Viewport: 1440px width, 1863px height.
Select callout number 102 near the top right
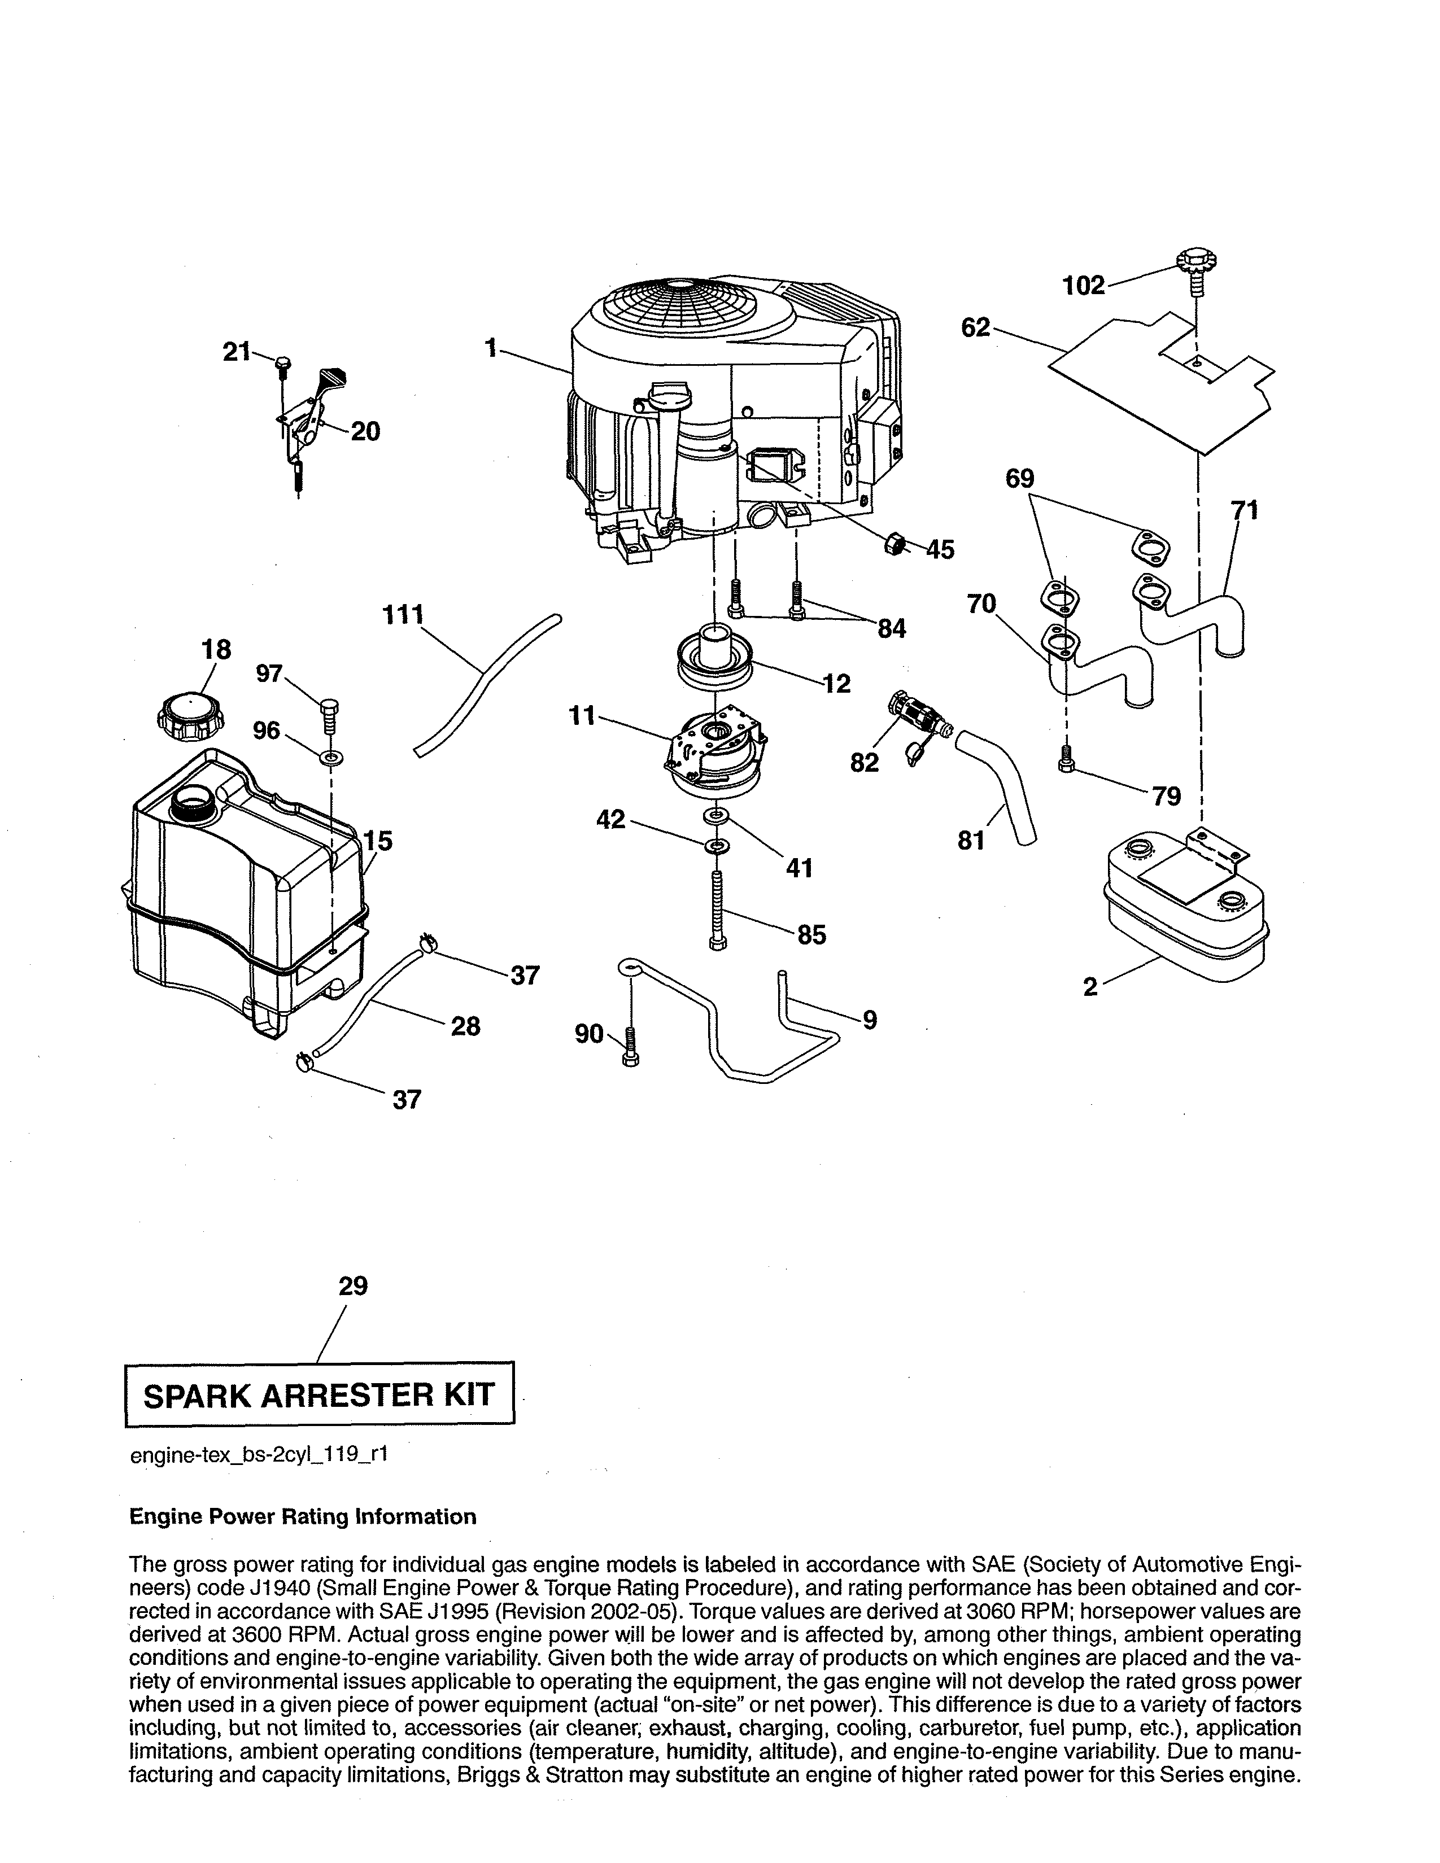click(x=1084, y=285)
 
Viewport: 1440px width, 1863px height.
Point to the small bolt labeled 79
click(x=1064, y=756)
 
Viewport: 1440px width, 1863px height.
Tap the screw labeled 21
click(x=283, y=368)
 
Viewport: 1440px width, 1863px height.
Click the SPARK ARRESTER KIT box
click(x=320, y=1394)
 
